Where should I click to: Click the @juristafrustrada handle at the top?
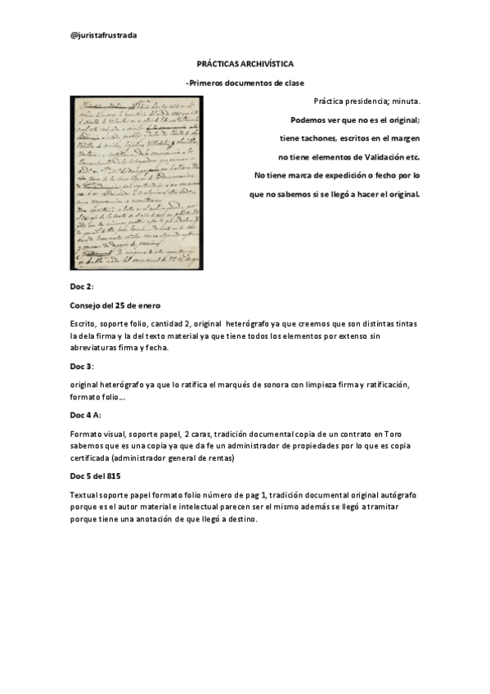[x=104, y=35]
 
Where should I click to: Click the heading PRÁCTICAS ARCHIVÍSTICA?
[x=245, y=63]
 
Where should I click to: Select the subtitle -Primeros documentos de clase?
[x=245, y=83]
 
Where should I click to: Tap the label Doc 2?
[x=82, y=288]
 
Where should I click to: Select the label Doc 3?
[x=82, y=366]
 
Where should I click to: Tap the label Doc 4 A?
[x=85, y=416]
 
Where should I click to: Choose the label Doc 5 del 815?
[x=101, y=475]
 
